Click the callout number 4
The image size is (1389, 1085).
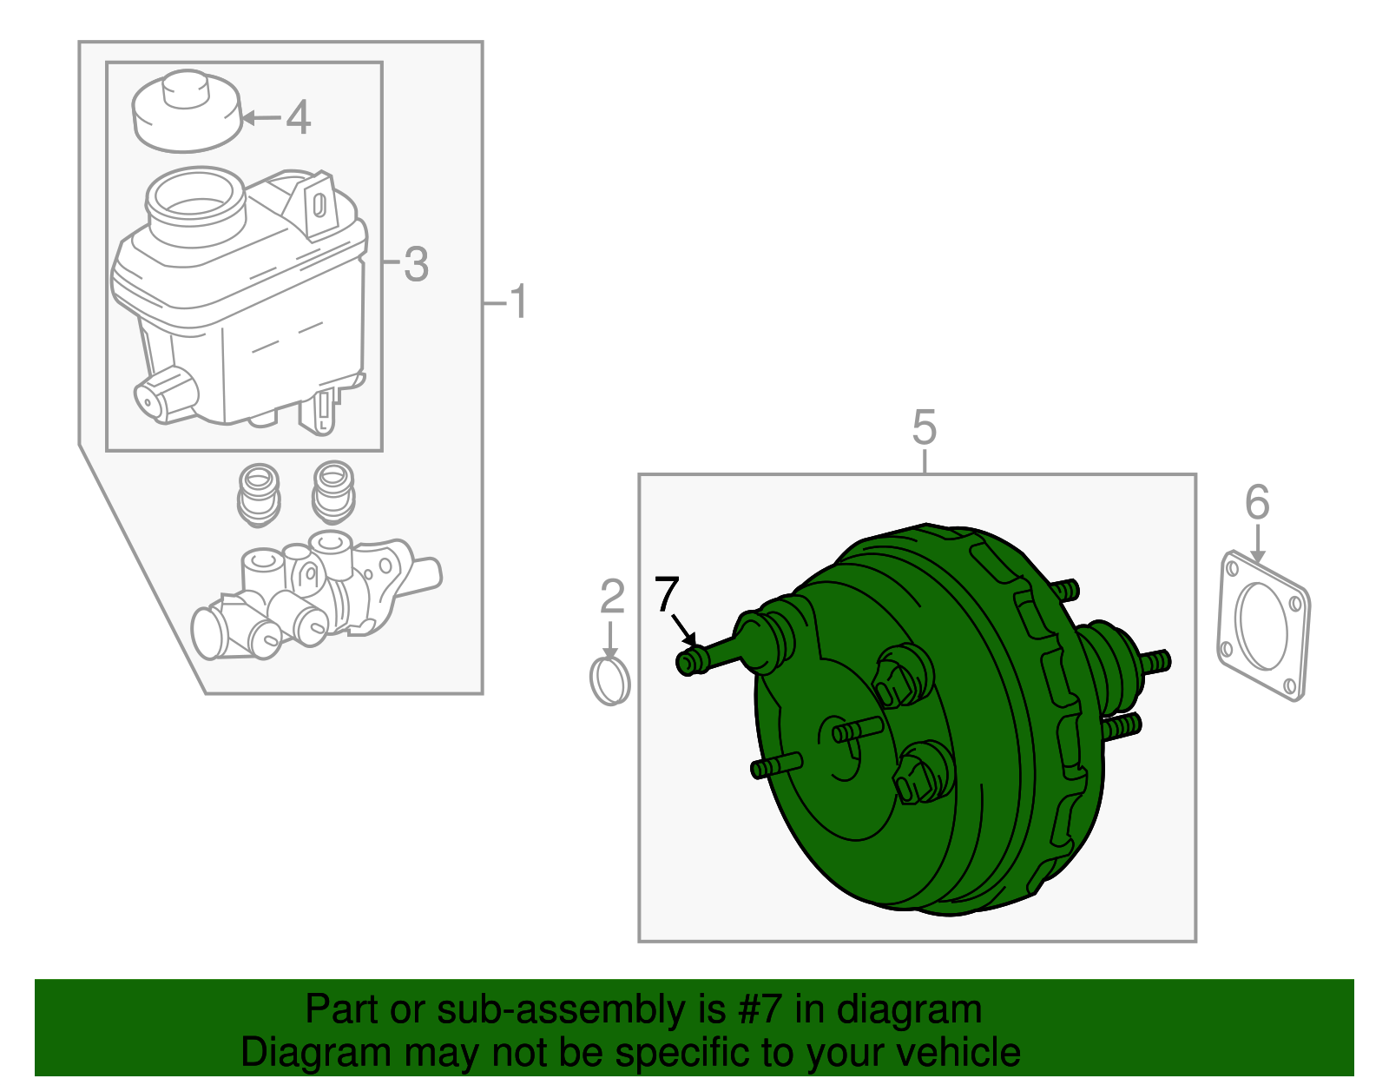[x=298, y=117]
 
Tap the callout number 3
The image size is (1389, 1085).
[x=416, y=264]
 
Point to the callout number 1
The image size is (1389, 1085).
[x=517, y=302]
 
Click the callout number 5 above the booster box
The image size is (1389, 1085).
[x=925, y=428]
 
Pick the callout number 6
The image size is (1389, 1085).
[x=1257, y=503]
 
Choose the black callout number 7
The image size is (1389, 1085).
[x=666, y=594]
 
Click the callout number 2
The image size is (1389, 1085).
[x=612, y=597]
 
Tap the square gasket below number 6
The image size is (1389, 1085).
[x=1263, y=625]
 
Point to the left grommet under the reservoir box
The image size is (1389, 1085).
[x=258, y=495]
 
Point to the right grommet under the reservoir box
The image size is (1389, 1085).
[x=332, y=491]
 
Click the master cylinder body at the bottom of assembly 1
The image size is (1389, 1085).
[x=304, y=599]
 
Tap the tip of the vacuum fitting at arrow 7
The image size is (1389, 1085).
[x=688, y=663]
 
